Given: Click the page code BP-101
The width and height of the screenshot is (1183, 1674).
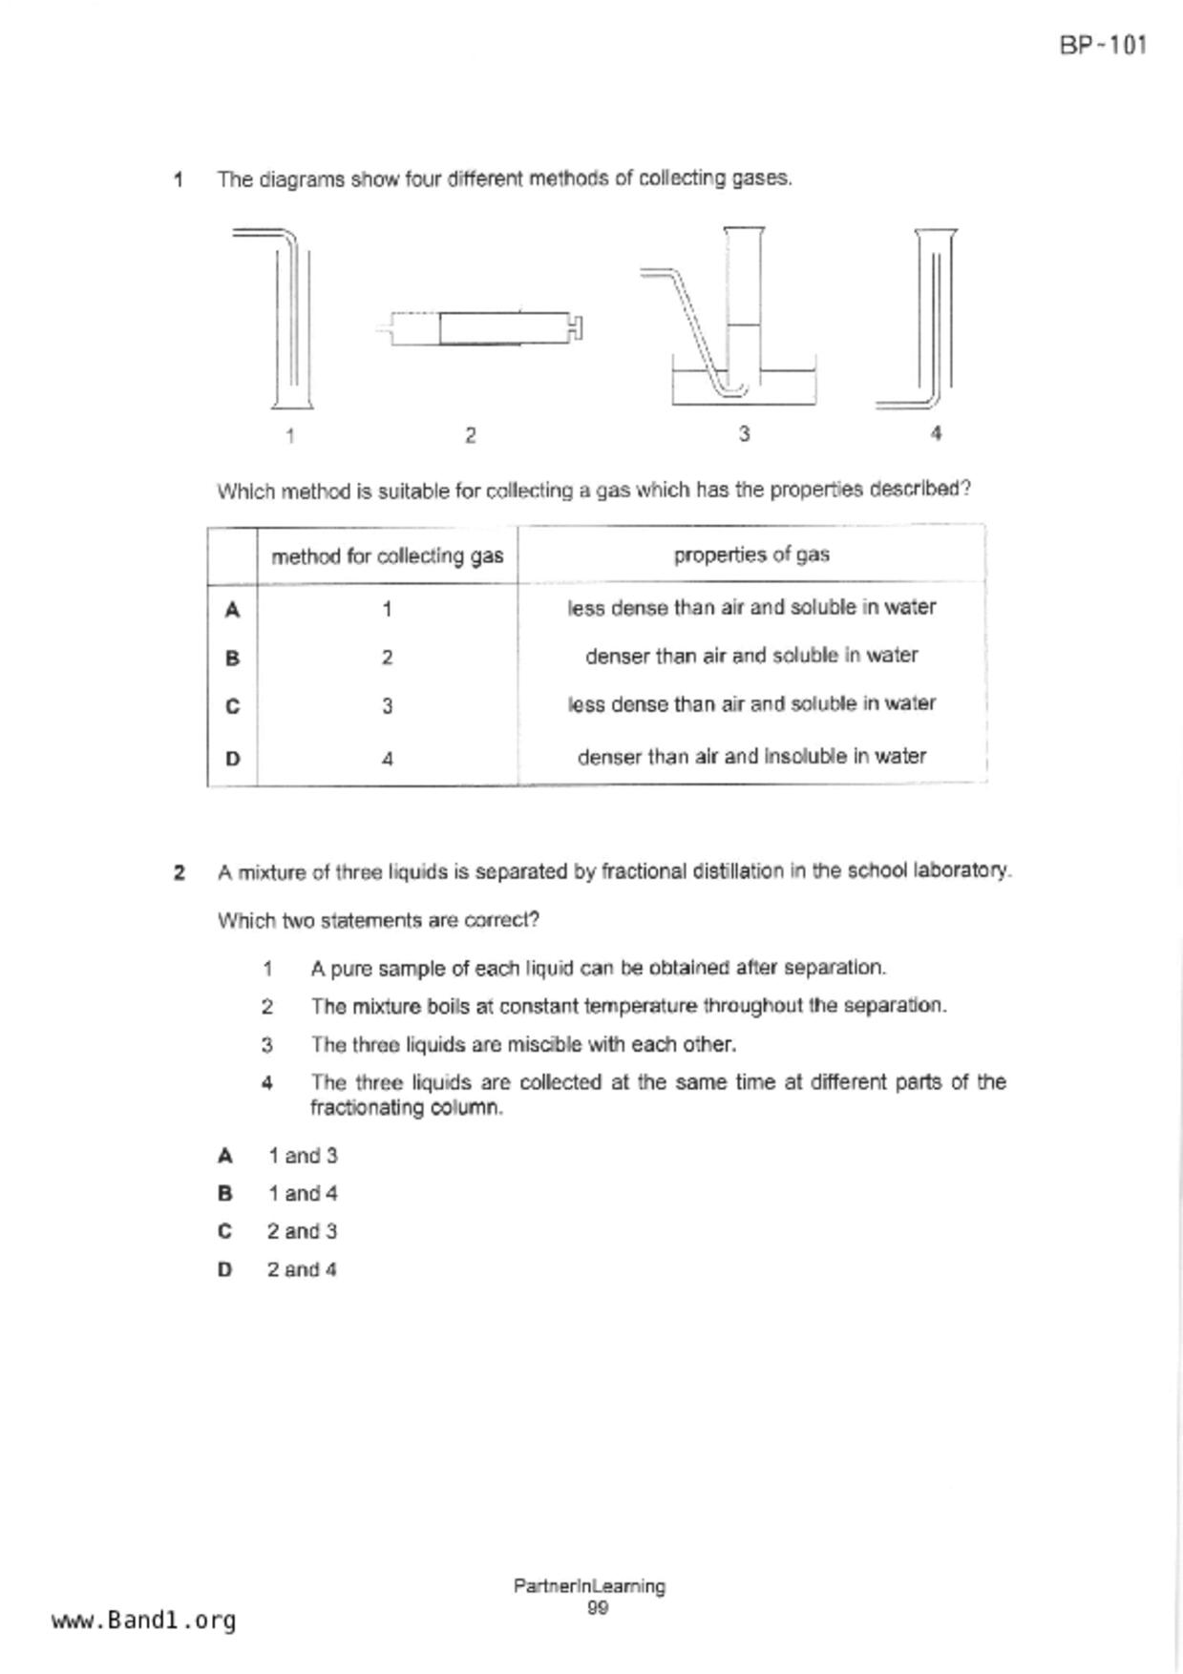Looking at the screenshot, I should point(1103,45).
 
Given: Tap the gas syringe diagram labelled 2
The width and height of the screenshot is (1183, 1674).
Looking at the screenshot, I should point(481,328).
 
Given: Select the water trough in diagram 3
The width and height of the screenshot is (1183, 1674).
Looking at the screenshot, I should point(744,386).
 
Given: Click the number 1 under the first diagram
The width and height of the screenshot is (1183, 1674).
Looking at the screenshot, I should point(290,436).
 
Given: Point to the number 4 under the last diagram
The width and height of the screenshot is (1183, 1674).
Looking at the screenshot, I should point(936,433).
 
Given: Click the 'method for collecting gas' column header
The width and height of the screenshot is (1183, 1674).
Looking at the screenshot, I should point(387,555).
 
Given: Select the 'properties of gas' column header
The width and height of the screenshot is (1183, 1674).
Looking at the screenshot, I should point(751,555).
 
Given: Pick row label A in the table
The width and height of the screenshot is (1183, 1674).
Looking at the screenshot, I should point(232,609).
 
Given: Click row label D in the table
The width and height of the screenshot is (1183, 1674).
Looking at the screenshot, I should point(232,759).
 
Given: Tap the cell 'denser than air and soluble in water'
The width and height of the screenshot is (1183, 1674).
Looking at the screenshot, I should point(751,656).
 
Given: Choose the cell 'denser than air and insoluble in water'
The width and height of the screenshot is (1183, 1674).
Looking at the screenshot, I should point(751,757).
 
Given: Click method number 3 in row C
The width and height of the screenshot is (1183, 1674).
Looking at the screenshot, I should point(387,706).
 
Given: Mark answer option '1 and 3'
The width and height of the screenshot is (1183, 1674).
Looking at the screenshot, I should point(302,1156).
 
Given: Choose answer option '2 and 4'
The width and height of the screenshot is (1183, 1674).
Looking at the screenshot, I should point(302,1269).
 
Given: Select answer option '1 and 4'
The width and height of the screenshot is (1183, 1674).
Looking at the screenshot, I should point(302,1193).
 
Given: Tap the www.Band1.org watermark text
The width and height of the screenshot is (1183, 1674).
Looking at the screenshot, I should point(143,1620).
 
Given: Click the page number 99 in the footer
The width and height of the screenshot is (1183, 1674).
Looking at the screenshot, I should point(598,1608).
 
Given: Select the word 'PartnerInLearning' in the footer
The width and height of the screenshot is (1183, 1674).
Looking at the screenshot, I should point(589,1586).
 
